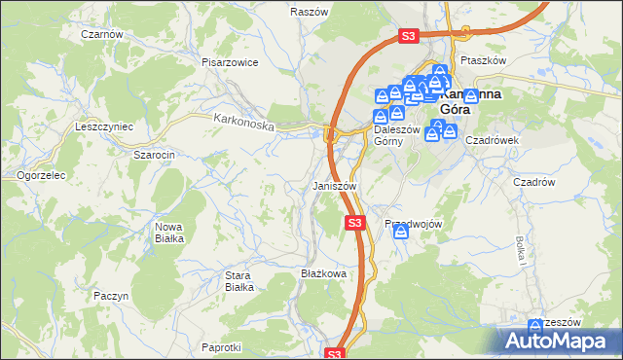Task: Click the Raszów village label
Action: point(308,12)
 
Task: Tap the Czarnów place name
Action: point(102,34)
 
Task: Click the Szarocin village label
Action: point(154,155)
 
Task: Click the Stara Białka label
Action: point(239,281)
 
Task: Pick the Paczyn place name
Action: point(111,295)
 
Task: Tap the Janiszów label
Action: point(335,185)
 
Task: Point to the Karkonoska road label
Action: point(244,123)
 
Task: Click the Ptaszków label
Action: point(484,60)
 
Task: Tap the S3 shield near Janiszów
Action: point(355,224)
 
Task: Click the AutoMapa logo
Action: point(559,342)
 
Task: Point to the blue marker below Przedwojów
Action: point(400,233)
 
